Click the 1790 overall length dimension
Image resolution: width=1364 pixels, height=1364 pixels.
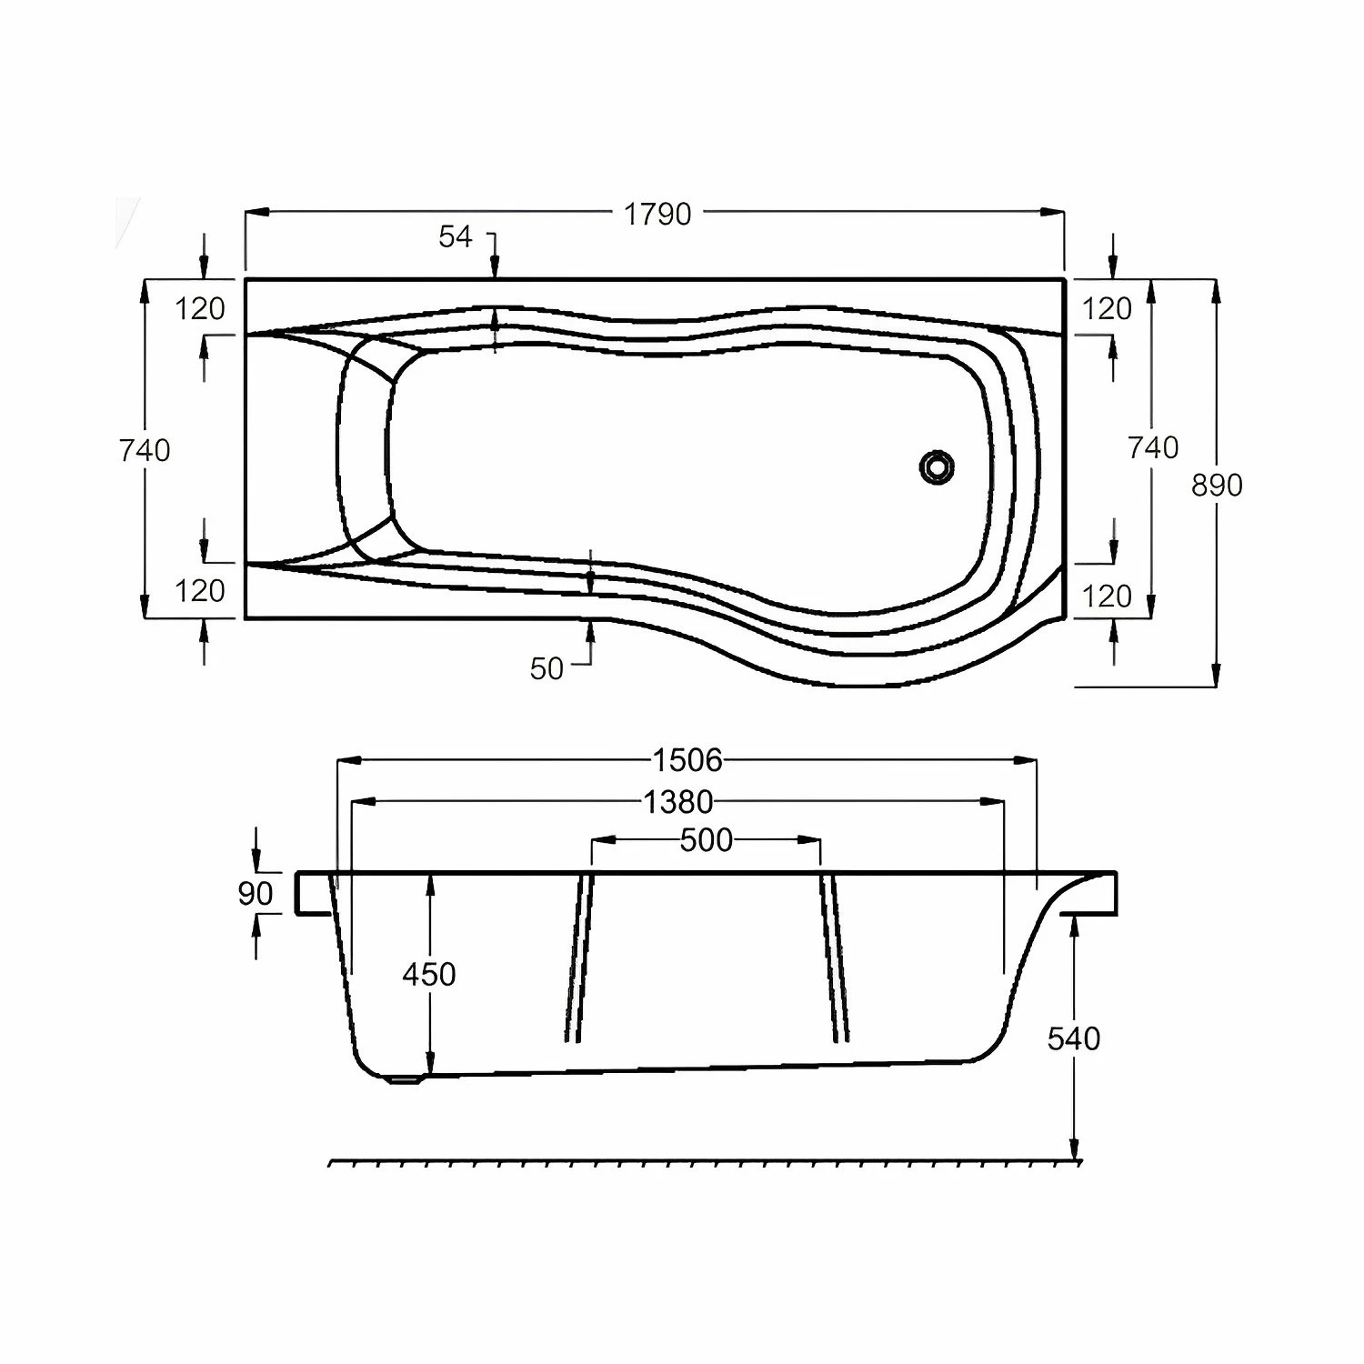[x=657, y=215]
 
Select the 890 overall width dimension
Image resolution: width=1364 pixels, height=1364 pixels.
[x=1217, y=486]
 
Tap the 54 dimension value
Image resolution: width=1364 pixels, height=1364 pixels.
[x=456, y=236]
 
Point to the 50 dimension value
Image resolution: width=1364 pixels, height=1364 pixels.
[x=547, y=669]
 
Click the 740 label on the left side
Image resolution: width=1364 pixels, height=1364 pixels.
[x=145, y=450]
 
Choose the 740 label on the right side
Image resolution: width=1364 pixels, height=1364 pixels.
[x=1153, y=447]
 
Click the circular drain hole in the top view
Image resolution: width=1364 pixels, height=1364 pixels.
[x=936, y=467]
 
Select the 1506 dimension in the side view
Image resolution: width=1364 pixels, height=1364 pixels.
[x=687, y=759]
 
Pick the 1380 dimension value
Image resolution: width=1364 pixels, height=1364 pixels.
[x=678, y=802]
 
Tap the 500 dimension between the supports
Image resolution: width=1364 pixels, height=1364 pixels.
[x=706, y=840]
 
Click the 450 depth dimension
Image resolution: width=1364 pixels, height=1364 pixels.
[x=429, y=975]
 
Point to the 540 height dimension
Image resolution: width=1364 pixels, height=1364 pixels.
[x=1074, y=1038]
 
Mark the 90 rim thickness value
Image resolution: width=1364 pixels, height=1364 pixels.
[x=256, y=894]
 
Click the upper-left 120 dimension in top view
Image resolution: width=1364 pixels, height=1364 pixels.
[x=200, y=309]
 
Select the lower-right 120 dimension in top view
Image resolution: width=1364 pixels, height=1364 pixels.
[x=1108, y=597]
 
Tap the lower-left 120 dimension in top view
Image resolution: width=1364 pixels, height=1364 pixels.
[x=200, y=591]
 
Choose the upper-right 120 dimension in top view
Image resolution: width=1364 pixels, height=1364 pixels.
[x=1108, y=309]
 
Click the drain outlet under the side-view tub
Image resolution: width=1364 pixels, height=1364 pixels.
[x=406, y=1080]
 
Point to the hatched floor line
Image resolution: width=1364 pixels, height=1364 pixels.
[x=705, y=1164]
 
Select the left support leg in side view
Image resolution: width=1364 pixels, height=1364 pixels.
[x=578, y=959]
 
